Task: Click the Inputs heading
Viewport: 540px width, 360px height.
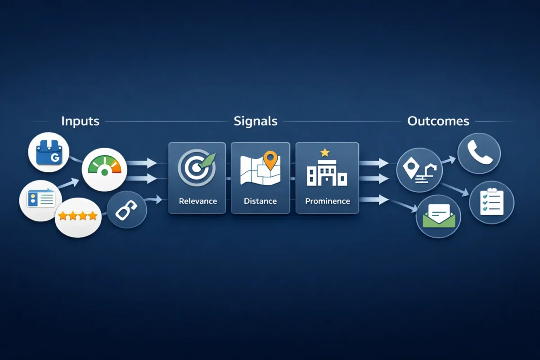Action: (80, 121)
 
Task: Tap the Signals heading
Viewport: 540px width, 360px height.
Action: (255, 121)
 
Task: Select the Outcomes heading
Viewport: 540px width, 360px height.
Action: (438, 121)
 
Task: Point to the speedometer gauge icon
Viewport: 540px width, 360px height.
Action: (104, 169)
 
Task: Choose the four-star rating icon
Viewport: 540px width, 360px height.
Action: (78, 216)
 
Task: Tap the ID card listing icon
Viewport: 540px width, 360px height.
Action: (40, 198)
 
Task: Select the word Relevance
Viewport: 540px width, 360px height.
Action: (198, 201)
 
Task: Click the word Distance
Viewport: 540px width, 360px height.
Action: (260, 201)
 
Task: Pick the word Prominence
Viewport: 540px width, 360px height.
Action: (327, 201)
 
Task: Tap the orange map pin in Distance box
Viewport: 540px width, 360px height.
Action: (270, 160)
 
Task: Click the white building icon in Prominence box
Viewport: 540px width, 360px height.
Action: (327, 173)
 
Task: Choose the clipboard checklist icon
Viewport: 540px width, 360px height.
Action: (491, 202)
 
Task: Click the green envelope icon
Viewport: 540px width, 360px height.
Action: (438, 216)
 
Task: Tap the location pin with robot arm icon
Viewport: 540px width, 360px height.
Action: (419, 171)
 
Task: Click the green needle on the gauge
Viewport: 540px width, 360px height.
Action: (105, 171)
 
